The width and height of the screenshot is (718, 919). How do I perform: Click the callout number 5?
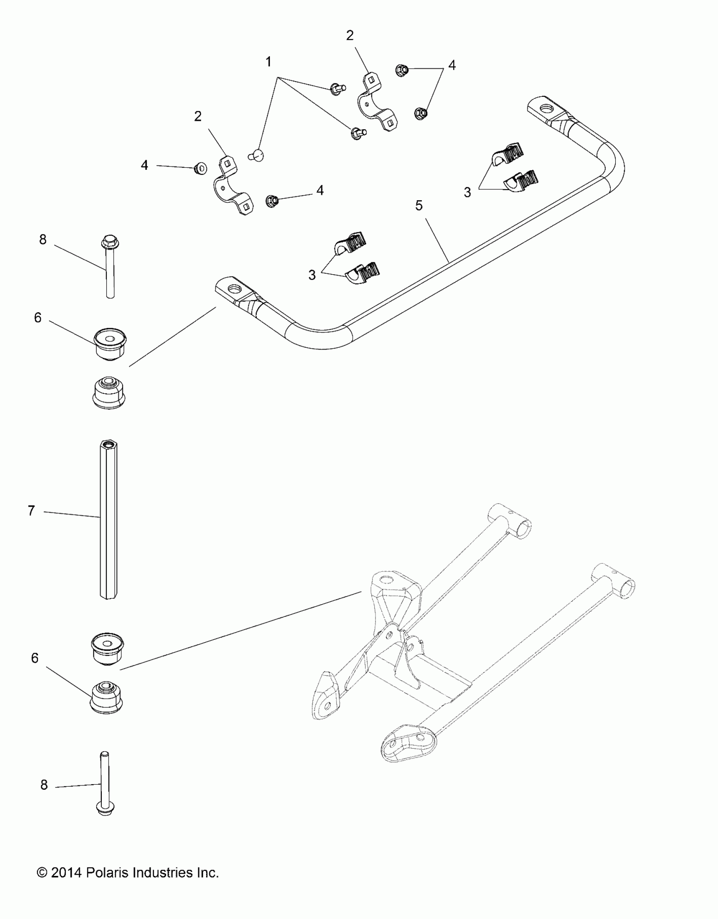(x=419, y=206)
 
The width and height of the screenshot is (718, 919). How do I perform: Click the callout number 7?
(x=31, y=511)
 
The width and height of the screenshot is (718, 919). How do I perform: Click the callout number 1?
(x=268, y=62)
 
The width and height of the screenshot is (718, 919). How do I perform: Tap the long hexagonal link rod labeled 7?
(x=109, y=520)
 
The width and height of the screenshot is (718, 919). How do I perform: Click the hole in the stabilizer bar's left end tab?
(x=233, y=290)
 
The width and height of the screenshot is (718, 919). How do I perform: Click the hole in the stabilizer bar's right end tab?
(x=547, y=109)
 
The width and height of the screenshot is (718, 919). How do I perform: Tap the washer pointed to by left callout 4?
(x=201, y=169)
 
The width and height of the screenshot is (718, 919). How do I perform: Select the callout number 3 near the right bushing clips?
(x=467, y=193)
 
